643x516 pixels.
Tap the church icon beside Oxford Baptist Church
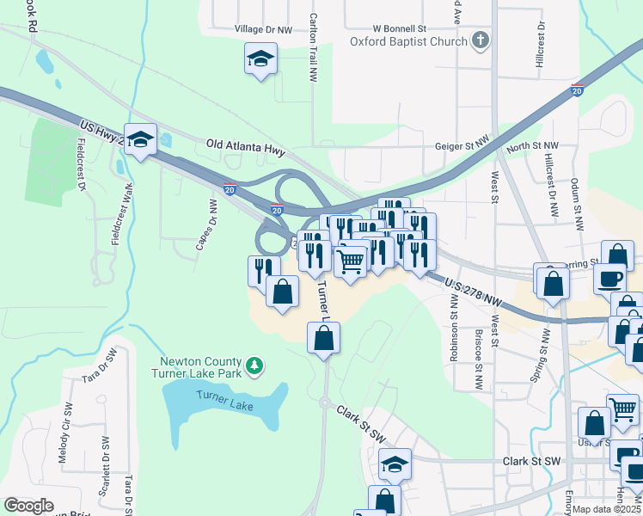click(x=481, y=40)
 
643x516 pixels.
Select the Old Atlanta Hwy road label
click(x=246, y=147)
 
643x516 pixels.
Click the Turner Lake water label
click(x=224, y=400)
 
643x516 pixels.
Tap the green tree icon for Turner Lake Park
click(x=254, y=366)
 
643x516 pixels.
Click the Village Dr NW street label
click(x=263, y=28)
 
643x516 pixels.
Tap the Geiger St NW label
click(x=461, y=147)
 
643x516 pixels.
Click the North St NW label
click(x=532, y=147)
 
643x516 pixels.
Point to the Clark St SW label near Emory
click(x=531, y=461)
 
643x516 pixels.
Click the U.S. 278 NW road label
click(x=473, y=291)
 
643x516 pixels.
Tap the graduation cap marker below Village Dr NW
click(x=260, y=59)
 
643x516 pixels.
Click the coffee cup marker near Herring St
click(x=610, y=279)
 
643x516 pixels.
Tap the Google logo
click(x=29, y=506)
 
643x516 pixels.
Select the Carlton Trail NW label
click(x=314, y=47)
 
